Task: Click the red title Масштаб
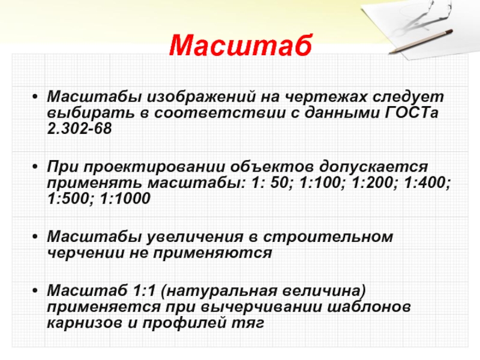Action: point(241,46)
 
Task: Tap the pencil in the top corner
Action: point(421,41)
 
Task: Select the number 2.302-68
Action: point(79,128)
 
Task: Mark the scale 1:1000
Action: point(125,198)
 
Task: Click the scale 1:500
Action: point(70,199)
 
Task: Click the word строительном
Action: point(328,237)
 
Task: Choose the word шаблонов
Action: point(369,307)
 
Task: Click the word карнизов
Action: point(85,323)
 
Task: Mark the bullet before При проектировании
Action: point(35,167)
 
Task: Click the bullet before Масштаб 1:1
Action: point(35,290)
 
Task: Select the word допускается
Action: point(373,167)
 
